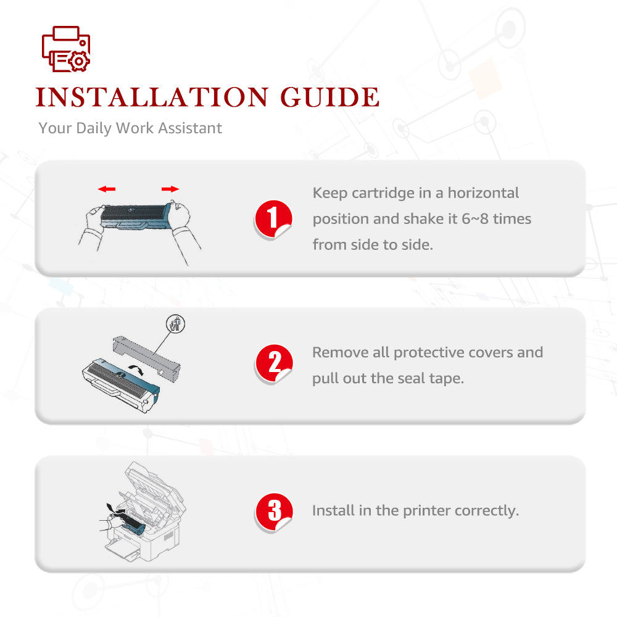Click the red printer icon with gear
pos(66,49)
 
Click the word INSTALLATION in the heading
pos(152,97)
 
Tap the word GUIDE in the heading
pos(329,97)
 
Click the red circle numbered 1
pos(273,219)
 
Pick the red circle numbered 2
pos(274,363)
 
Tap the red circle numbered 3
pos(274,511)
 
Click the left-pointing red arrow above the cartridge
pos(107,189)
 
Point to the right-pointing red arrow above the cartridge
pos(170,189)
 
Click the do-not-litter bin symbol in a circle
pos(175,325)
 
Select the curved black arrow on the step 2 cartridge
pos(136,369)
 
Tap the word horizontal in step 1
pos(483,193)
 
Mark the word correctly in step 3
pos(487,511)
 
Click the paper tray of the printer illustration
pos(123,550)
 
